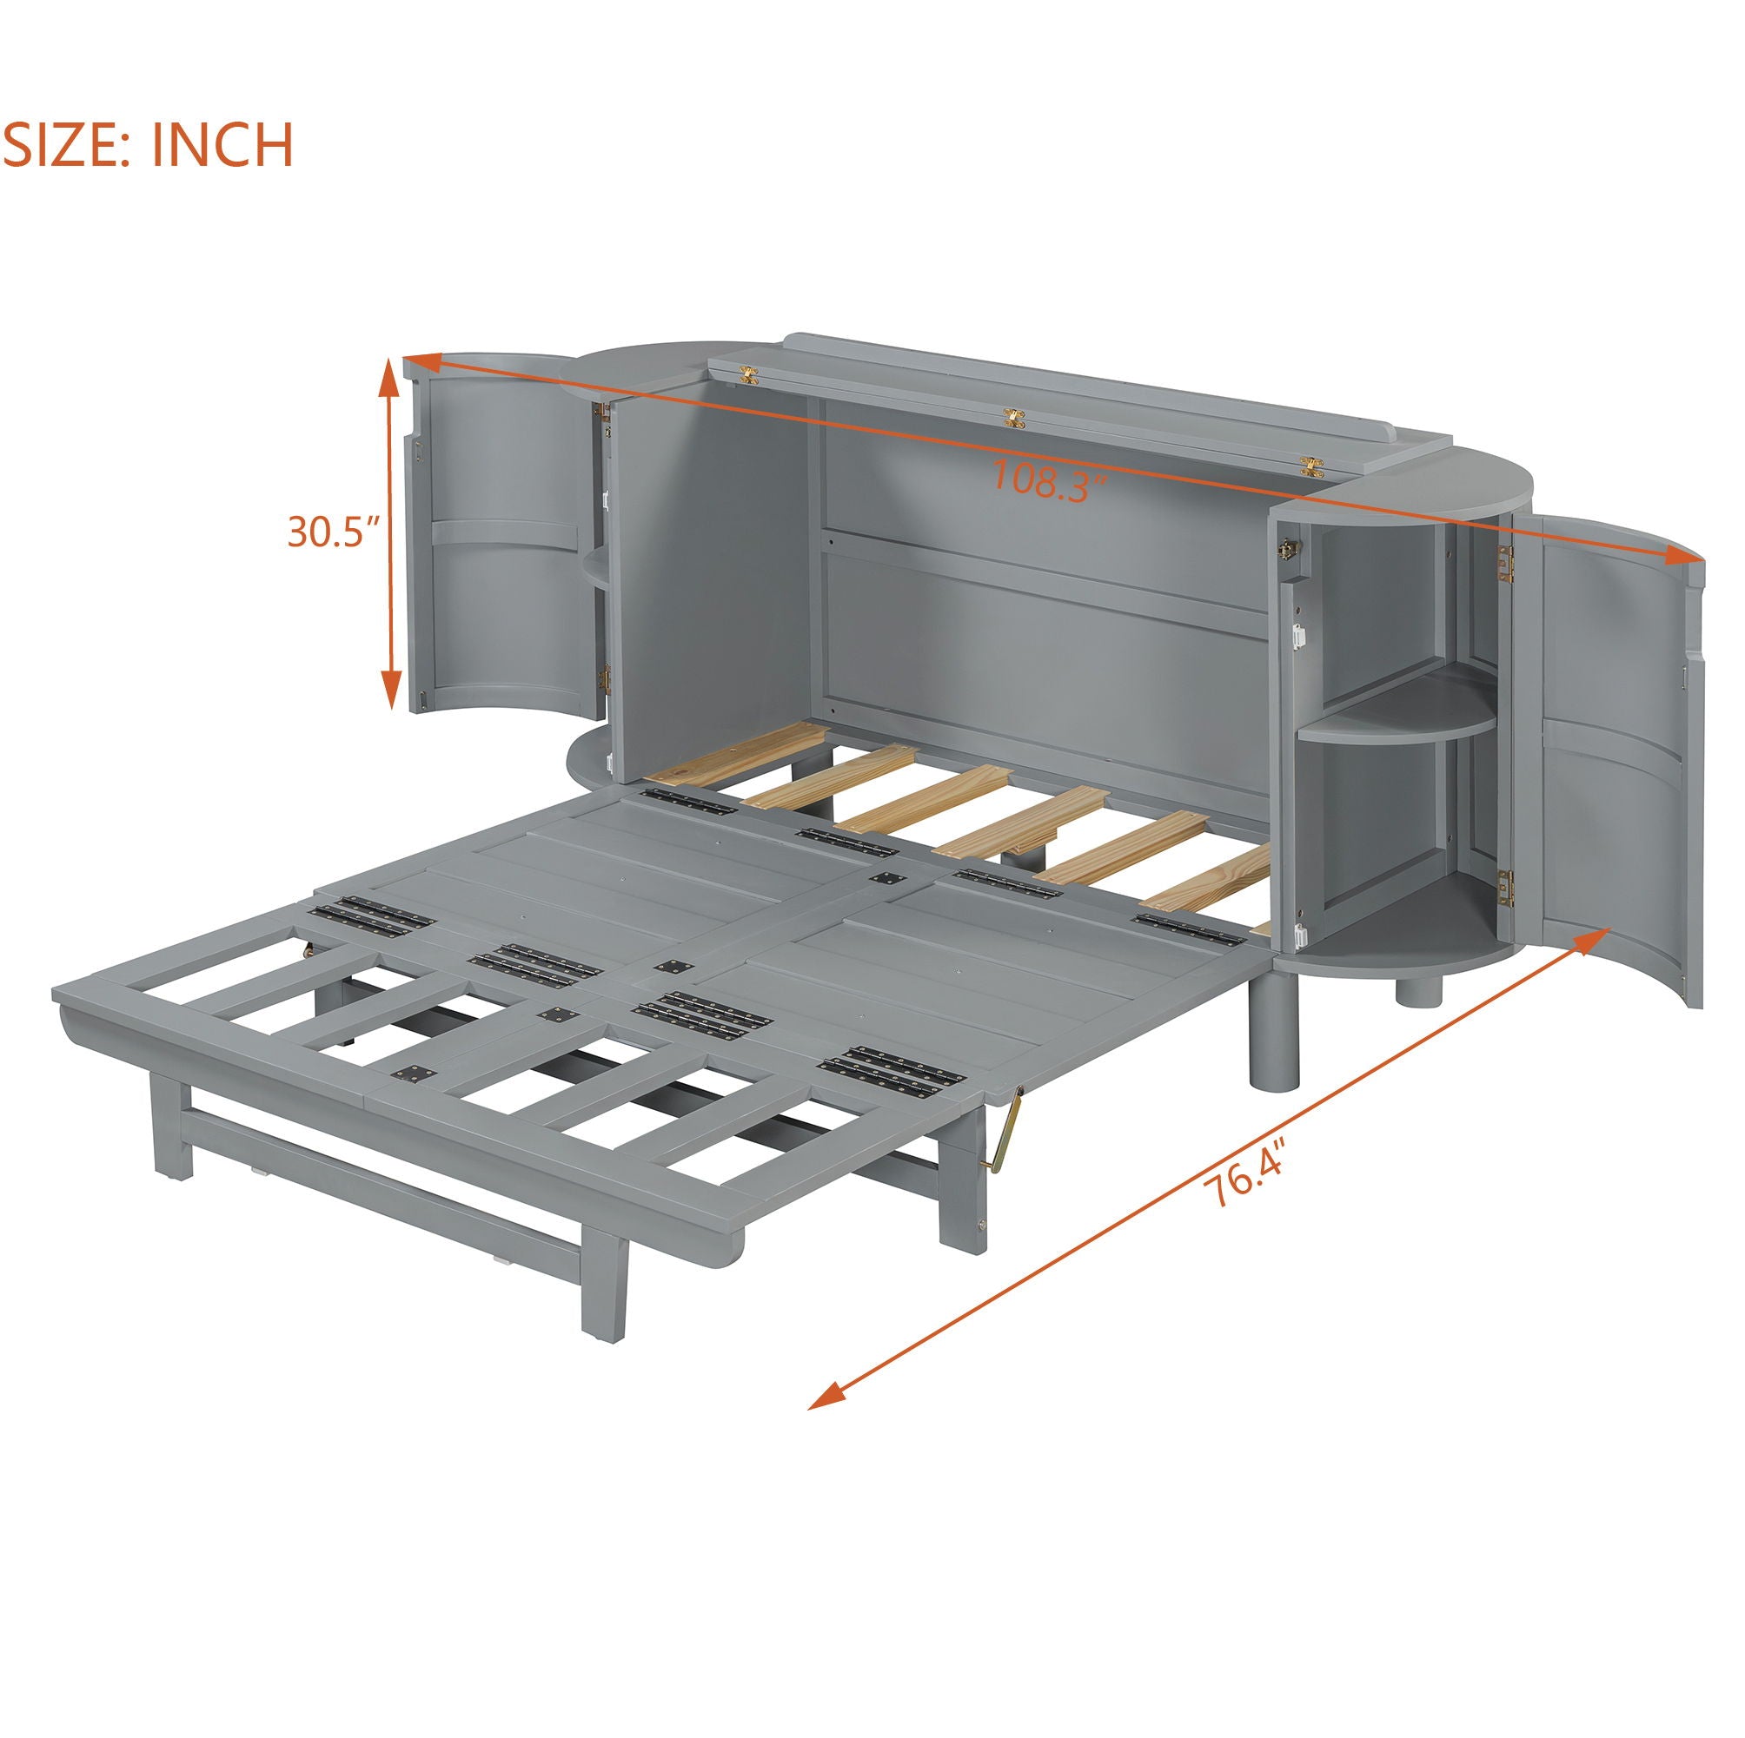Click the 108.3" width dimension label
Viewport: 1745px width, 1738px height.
point(1050,479)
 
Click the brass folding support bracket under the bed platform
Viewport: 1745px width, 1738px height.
point(1011,1128)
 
